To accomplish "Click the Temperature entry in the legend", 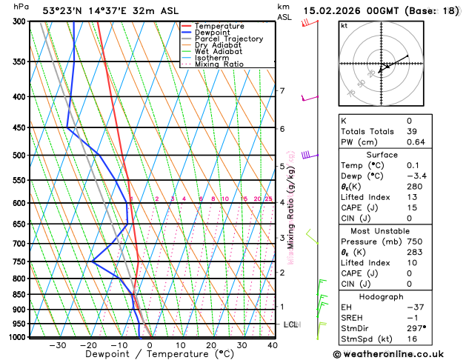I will [x=218, y=26].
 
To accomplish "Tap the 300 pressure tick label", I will [x=19, y=21].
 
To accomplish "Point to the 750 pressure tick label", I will [x=19, y=261].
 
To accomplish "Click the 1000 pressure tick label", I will [x=16, y=337].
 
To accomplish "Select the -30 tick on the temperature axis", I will [x=58, y=344].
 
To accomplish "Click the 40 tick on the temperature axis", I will [x=273, y=344].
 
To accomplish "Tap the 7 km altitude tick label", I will [x=282, y=91].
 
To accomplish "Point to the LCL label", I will [x=290, y=324].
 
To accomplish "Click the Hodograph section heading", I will [x=389, y=296].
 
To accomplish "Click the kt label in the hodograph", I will [x=344, y=25].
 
